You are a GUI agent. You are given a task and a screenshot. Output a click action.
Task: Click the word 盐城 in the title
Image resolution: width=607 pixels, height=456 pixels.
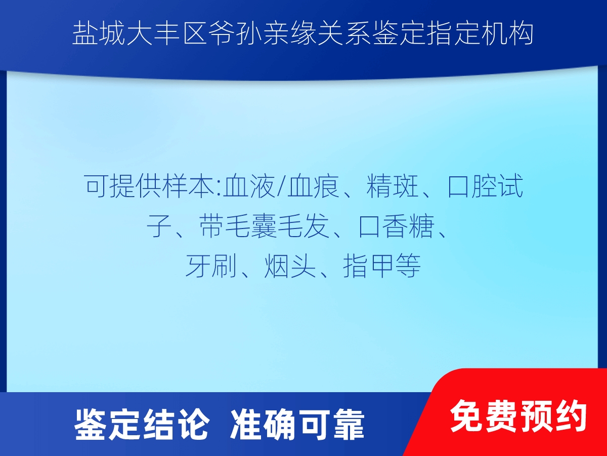click(99, 34)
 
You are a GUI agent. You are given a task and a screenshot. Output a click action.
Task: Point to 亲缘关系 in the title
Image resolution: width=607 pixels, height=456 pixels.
click(317, 34)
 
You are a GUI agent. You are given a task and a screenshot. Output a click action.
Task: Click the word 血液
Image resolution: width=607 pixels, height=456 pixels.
click(249, 186)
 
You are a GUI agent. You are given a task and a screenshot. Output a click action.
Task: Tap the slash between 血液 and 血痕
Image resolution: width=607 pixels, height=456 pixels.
click(281, 186)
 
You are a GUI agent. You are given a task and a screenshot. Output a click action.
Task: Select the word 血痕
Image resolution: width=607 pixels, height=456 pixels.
click(313, 186)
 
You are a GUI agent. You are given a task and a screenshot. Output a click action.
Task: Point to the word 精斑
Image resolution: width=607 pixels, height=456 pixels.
click(393, 186)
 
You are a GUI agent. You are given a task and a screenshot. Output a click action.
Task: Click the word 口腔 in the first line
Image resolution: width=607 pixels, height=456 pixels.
click(472, 186)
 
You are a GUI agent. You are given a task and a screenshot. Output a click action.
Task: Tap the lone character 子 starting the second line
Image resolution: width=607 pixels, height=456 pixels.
click(159, 226)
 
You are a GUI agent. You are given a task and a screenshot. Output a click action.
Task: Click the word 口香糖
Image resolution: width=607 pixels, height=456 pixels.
click(396, 226)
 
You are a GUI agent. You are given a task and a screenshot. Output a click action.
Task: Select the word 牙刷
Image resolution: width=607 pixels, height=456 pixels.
click(211, 266)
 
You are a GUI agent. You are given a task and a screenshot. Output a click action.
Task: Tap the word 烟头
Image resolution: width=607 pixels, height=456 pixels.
click(290, 266)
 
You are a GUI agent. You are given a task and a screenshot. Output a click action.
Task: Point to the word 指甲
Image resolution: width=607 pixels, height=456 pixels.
click(369, 266)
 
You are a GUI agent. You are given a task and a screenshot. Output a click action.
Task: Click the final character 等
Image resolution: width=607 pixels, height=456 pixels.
click(408, 266)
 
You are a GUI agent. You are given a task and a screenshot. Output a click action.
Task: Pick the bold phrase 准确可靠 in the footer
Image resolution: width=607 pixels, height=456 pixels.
click(297, 424)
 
